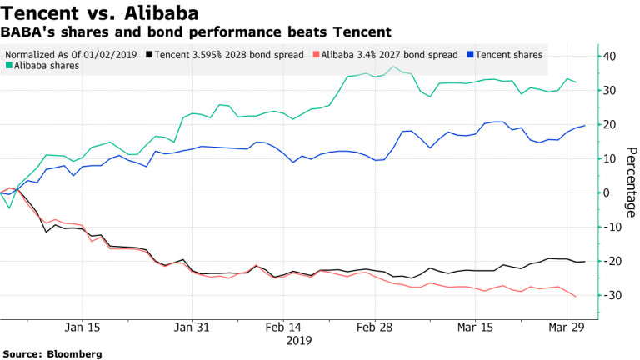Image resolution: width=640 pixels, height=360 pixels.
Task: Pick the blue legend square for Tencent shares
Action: point(469,54)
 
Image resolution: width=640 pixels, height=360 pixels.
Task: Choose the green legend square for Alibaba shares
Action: point(8,66)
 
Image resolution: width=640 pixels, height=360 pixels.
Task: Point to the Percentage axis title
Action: point(631,182)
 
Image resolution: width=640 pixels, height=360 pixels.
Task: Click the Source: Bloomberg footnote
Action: point(52,354)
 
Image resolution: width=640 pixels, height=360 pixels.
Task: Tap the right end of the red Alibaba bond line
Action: point(576,296)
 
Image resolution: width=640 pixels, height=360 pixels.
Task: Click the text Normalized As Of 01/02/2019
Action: point(71,54)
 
